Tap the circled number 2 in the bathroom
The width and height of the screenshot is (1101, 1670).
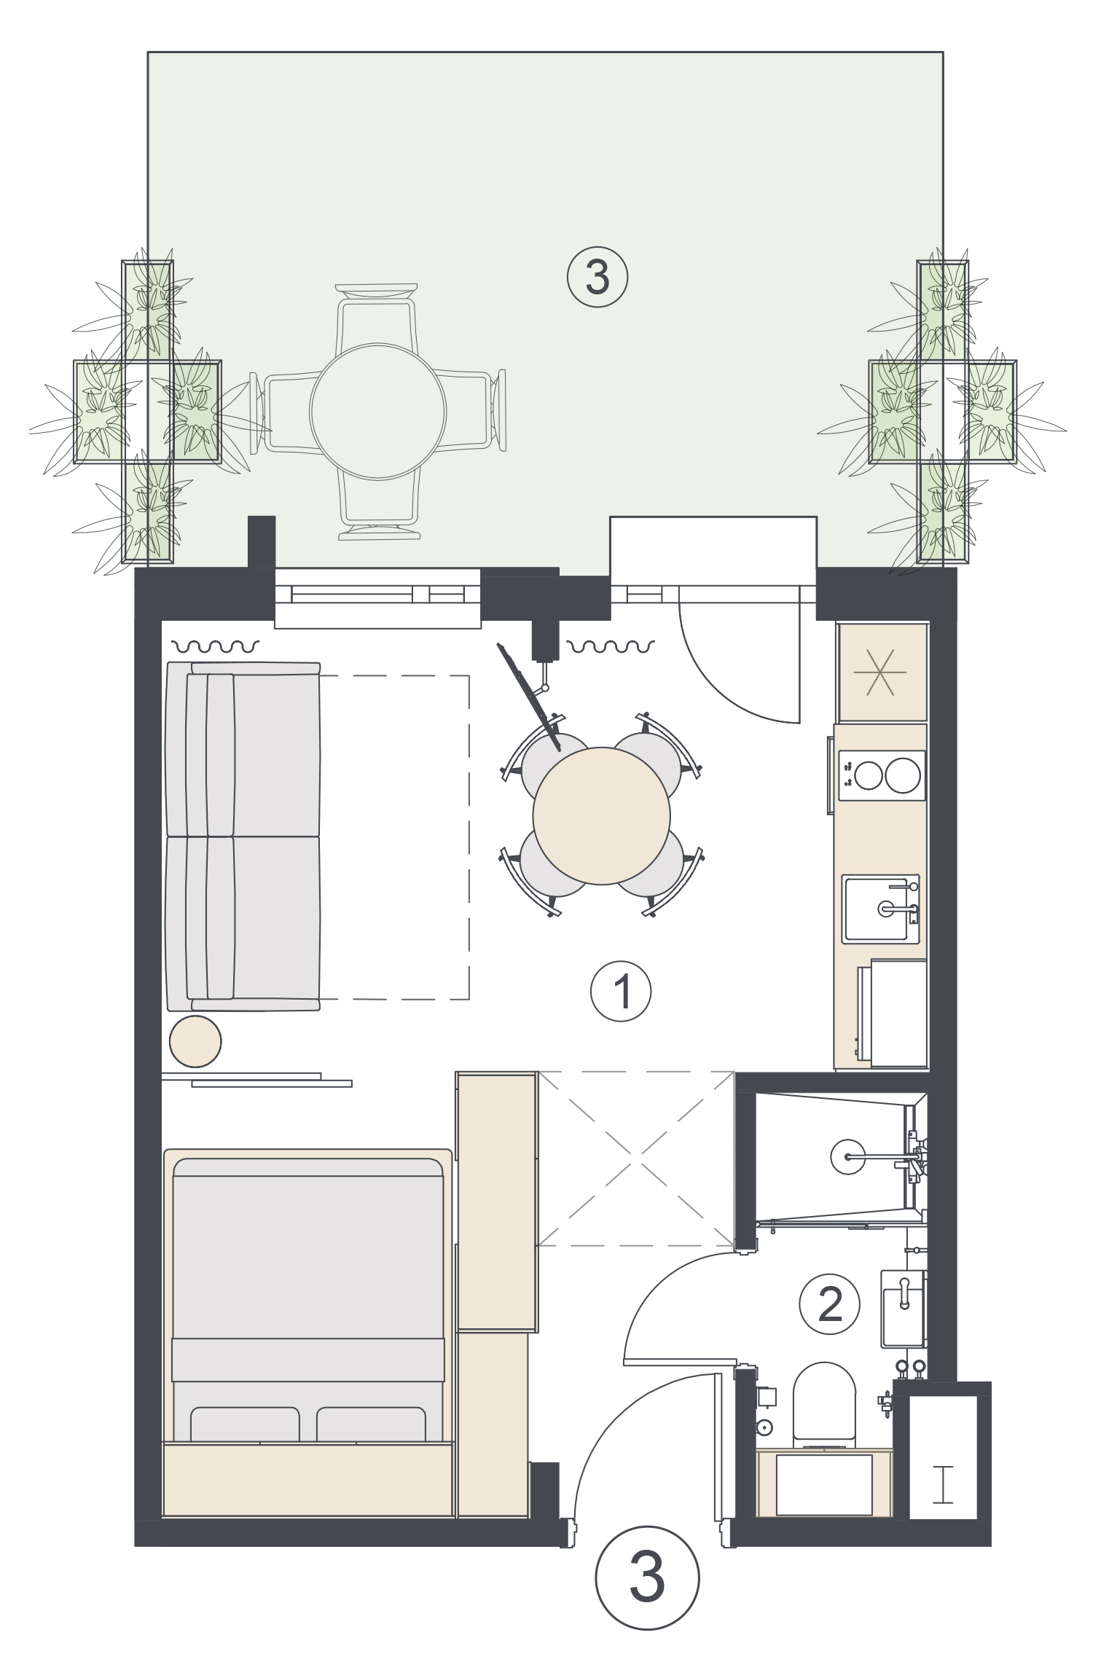tap(830, 1304)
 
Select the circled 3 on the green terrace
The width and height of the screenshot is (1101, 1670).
tap(597, 278)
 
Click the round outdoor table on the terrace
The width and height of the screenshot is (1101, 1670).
tap(377, 411)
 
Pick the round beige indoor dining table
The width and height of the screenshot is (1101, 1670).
tap(602, 815)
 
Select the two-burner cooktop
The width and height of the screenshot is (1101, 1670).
tap(882, 775)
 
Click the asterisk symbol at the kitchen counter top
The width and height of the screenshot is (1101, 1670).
tap(883, 670)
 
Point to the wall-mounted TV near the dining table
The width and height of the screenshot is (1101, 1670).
tap(530, 697)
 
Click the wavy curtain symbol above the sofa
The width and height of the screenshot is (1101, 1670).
tap(215, 646)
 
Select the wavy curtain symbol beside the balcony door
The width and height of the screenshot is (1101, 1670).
tap(611, 646)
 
